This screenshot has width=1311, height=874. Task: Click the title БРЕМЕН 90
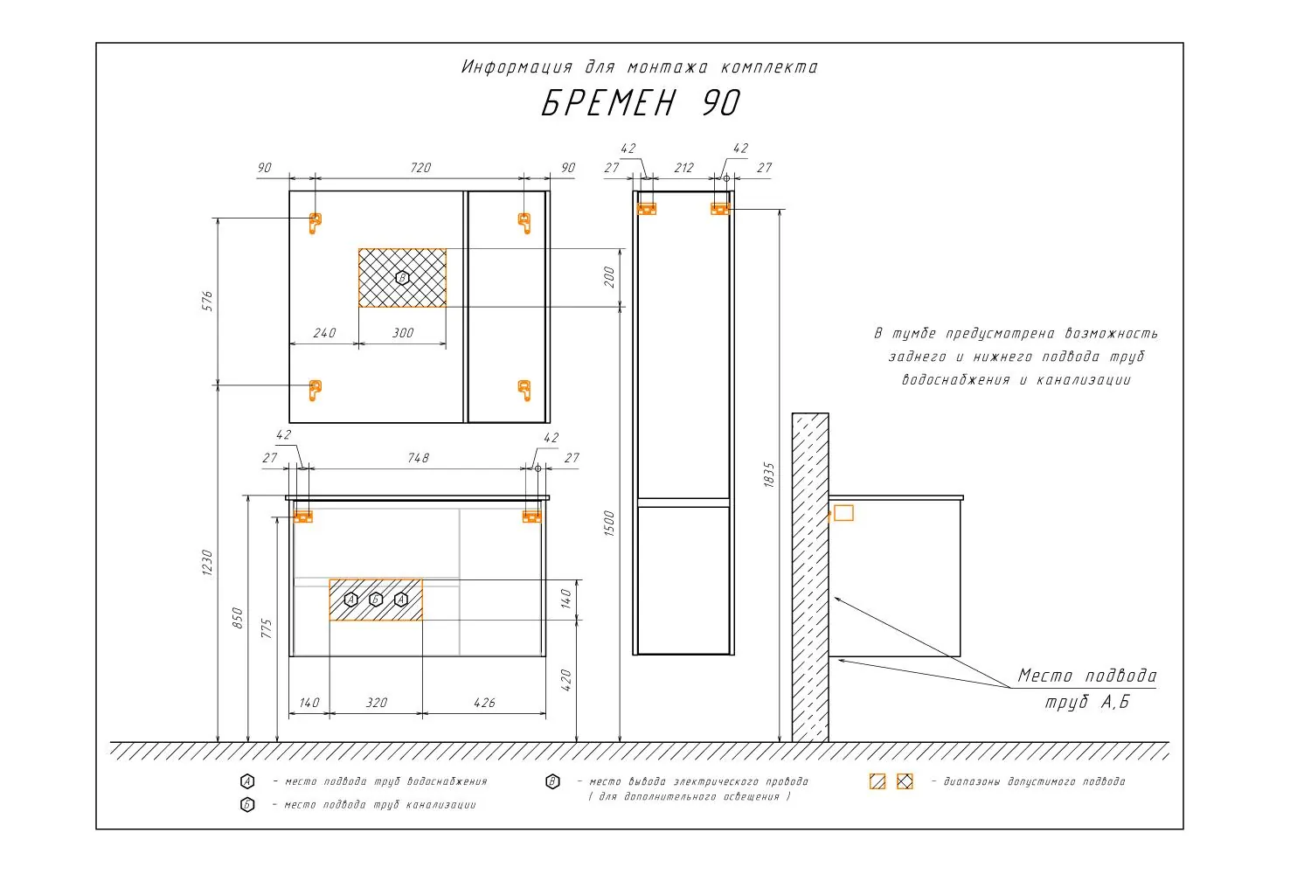(641, 103)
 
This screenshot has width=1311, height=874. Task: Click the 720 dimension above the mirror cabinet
(420, 168)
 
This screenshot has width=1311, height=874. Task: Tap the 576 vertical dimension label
(207, 301)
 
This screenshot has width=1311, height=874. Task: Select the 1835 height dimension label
(769, 475)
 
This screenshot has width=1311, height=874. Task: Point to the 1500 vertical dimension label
(609, 524)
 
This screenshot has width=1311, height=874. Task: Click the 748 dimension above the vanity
(418, 458)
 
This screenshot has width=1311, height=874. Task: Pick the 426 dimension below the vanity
(484, 703)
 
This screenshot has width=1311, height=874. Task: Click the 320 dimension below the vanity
(377, 703)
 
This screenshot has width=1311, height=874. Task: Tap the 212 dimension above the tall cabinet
(683, 168)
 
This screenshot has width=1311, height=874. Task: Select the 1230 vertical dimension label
(207, 563)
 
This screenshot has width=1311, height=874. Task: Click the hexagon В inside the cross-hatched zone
(402, 277)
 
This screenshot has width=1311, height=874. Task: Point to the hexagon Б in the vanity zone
(376, 600)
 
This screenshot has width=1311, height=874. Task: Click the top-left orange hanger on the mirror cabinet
(315, 223)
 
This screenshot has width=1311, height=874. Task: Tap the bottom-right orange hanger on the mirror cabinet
(525, 390)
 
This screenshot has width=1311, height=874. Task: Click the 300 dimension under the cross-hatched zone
(403, 333)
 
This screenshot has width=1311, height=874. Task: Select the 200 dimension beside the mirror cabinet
(609, 277)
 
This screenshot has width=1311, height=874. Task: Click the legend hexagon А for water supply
(247, 781)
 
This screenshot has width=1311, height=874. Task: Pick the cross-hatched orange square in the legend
(905, 781)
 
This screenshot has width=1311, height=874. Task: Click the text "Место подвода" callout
(1087, 676)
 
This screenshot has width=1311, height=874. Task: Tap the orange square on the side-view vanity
(843, 513)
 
